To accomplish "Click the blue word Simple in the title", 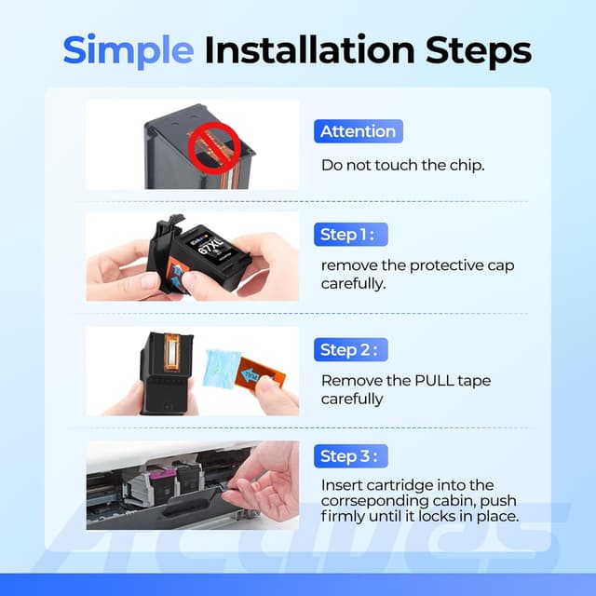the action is point(129,50).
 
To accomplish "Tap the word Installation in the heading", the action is point(309,49).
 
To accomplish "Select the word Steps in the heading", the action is point(478,50).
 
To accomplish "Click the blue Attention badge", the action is point(359,131).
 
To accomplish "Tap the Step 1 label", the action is point(351,235).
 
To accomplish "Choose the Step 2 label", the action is point(351,350).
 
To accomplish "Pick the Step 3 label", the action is point(351,455).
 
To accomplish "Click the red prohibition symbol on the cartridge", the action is point(214,148).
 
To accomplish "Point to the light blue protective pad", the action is point(223,370).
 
